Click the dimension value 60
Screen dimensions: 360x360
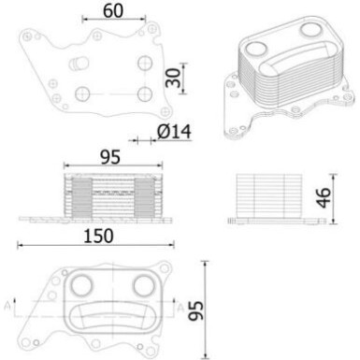pos(113,11)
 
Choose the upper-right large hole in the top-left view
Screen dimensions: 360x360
pos(143,62)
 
